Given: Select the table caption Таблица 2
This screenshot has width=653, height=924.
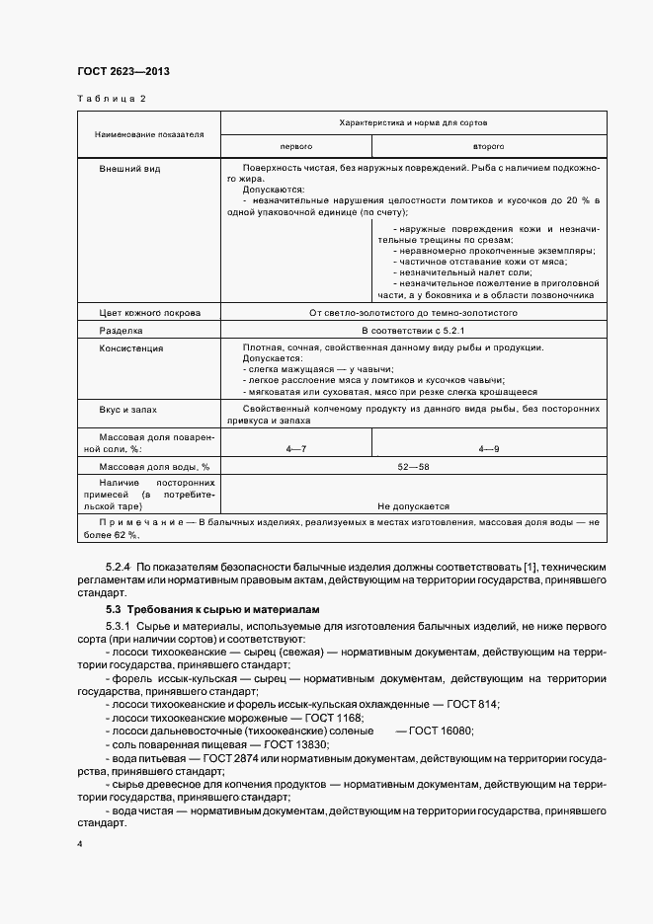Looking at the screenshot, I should point(111,99).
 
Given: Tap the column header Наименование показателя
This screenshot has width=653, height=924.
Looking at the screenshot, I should point(149,133).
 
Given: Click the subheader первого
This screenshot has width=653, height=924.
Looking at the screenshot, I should point(295,145).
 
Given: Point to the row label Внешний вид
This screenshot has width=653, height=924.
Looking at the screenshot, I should point(129,169).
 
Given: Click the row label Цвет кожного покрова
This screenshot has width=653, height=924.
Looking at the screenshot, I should point(149,313).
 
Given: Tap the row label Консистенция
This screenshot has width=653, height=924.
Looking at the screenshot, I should point(131,348).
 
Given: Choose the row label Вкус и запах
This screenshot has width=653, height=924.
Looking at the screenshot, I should point(127,408).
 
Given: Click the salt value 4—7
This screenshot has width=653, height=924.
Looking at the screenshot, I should point(295,449).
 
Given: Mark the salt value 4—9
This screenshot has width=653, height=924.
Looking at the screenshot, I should point(488,449).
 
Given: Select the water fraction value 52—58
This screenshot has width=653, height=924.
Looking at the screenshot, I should point(412,467).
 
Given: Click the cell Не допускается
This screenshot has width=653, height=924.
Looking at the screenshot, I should point(412,504).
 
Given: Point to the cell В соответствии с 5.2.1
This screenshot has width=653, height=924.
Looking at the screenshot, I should point(412,331).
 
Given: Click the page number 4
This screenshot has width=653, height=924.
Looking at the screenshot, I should point(80,845).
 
